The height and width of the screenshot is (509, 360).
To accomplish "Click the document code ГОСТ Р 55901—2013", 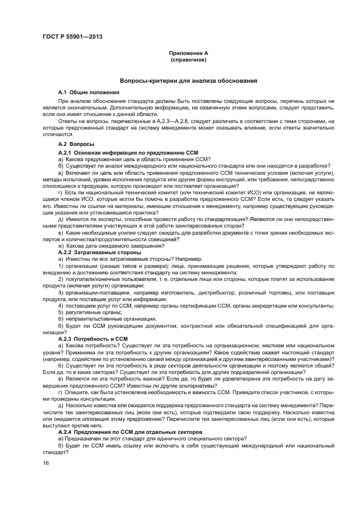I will (72, 36).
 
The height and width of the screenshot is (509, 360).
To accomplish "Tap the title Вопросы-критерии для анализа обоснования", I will (188, 81).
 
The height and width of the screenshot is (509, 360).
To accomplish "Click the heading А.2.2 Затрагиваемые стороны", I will (99, 252).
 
